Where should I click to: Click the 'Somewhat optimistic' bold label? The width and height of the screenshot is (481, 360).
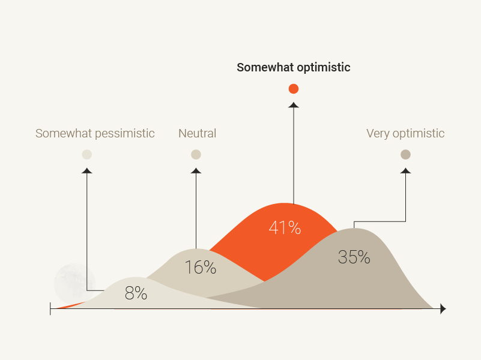[x=294, y=68]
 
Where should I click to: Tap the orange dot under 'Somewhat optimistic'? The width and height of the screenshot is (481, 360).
[x=294, y=89]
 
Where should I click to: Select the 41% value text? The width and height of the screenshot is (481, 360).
[x=285, y=227]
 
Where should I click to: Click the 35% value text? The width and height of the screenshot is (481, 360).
[x=354, y=257]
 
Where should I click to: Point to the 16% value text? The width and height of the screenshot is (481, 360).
[x=201, y=267]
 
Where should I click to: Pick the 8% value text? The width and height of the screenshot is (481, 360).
[x=136, y=293]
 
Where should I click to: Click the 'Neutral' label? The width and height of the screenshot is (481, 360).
[x=197, y=134]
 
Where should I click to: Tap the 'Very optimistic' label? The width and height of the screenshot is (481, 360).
[x=405, y=134]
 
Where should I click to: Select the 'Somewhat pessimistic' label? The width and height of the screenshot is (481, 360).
[x=95, y=134]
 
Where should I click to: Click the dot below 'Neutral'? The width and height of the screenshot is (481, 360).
[x=196, y=154]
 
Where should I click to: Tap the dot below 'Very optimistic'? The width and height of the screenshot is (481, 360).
[x=405, y=154]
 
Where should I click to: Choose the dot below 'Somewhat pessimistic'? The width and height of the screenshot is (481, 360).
[x=87, y=154]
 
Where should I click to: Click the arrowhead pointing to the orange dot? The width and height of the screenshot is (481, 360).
[x=294, y=105]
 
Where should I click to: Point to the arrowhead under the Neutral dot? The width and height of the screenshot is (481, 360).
[x=196, y=170]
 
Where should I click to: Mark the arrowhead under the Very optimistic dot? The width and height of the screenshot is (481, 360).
[x=405, y=170]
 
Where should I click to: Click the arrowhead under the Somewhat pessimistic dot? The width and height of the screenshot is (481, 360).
[x=87, y=170]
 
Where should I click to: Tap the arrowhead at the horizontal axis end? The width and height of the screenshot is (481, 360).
[x=443, y=309]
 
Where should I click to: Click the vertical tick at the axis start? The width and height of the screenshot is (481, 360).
[x=50, y=309]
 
